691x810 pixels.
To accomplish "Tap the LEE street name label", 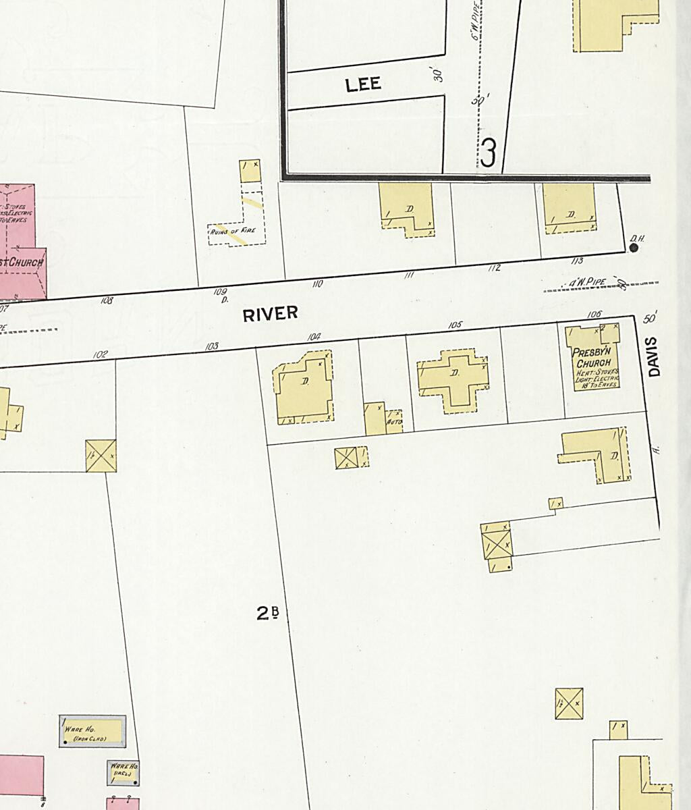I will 363,84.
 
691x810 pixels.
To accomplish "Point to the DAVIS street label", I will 653,356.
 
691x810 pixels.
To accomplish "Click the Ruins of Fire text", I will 232,231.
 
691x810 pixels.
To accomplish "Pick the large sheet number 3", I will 489,153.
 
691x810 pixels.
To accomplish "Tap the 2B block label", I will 267,613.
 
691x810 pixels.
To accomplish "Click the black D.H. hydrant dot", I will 634,248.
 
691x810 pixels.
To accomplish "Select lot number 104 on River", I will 313,336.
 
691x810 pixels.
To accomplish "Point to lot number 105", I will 455,325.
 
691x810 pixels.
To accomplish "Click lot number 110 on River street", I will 317,284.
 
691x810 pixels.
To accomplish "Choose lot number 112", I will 494,268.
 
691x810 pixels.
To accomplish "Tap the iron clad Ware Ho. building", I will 92,732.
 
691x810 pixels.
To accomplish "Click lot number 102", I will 100,354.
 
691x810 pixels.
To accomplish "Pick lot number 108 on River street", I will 107,300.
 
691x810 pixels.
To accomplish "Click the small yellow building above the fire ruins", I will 250,170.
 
